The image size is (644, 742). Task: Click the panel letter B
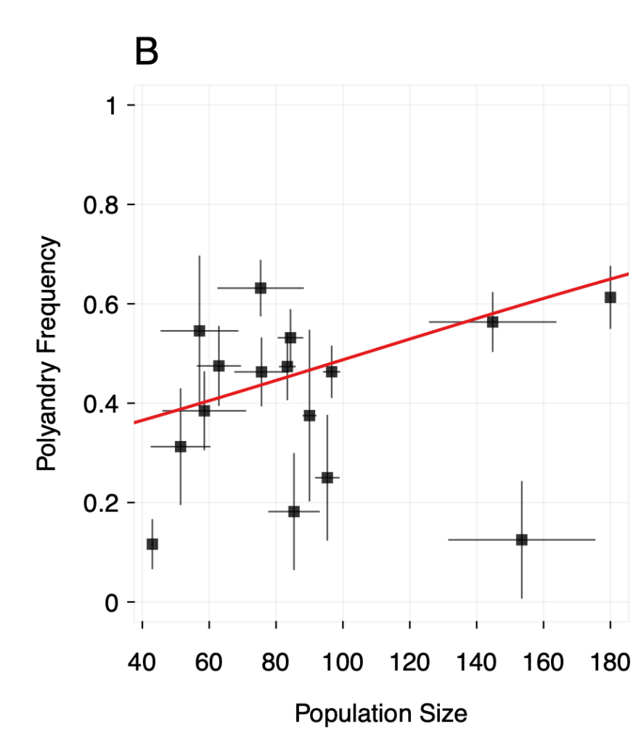click(x=147, y=53)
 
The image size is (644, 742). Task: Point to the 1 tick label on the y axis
click(x=110, y=106)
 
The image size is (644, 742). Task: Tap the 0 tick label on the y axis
click(x=110, y=603)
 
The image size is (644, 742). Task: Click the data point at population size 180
click(x=610, y=297)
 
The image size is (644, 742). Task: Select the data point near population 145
click(x=492, y=322)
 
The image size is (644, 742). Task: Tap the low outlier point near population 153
click(x=521, y=540)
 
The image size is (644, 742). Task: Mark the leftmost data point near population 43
click(x=152, y=544)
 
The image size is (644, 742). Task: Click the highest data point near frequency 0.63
click(x=260, y=288)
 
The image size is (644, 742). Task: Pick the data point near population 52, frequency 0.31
click(x=180, y=447)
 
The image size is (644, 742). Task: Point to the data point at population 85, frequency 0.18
click(x=293, y=511)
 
